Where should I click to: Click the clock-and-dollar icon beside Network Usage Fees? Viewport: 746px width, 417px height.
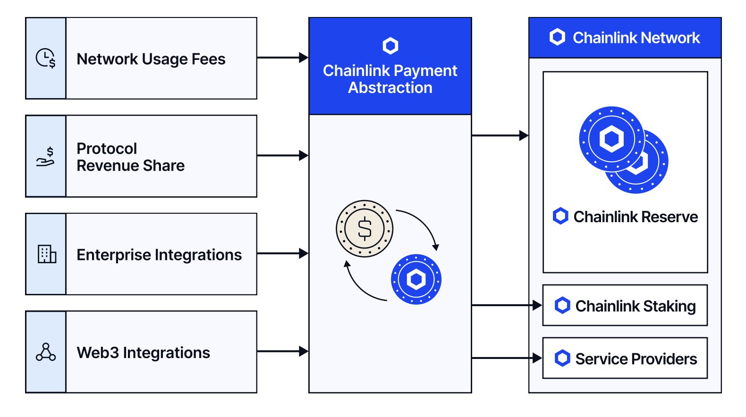[46, 58]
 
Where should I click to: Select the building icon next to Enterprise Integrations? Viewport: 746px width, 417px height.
[47, 254]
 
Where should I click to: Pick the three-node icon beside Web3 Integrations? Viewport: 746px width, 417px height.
[46, 352]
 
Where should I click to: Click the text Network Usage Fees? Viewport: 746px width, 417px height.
[151, 59]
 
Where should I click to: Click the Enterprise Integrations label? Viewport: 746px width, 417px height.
[159, 255]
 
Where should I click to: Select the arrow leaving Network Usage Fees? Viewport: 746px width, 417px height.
[282, 58]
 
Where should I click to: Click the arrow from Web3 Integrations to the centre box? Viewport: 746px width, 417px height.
[282, 351]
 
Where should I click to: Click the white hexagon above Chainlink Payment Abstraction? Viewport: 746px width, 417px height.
[390, 46]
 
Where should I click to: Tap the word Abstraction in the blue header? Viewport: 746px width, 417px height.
[390, 88]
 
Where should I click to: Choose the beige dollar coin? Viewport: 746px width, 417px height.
[365, 229]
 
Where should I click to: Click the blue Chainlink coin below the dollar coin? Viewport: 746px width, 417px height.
[416, 279]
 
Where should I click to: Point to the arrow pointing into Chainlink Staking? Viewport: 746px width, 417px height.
[507, 305]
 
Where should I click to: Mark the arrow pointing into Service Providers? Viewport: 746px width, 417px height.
[507, 358]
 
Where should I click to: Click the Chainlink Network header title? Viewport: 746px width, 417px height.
[636, 38]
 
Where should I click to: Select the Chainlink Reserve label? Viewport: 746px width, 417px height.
[636, 217]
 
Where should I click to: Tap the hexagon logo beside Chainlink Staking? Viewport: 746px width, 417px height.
[562, 305]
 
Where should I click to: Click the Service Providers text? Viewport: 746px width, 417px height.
[636, 359]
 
